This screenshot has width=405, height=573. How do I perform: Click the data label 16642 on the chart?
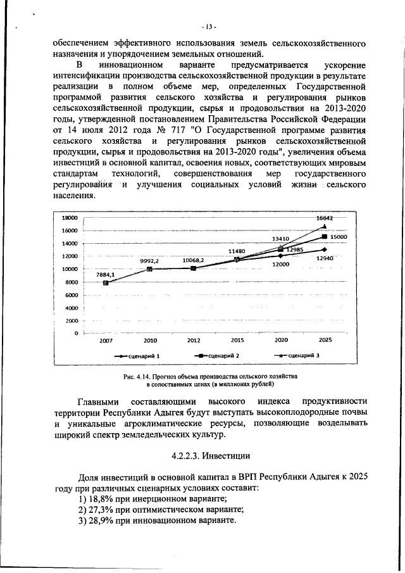click(325, 218)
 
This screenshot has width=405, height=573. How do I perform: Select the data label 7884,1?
click(105, 274)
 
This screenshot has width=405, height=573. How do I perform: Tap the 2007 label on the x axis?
click(106, 340)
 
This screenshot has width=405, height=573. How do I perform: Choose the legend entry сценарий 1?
click(144, 356)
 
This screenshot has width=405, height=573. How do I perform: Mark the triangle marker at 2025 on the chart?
click(325, 226)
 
